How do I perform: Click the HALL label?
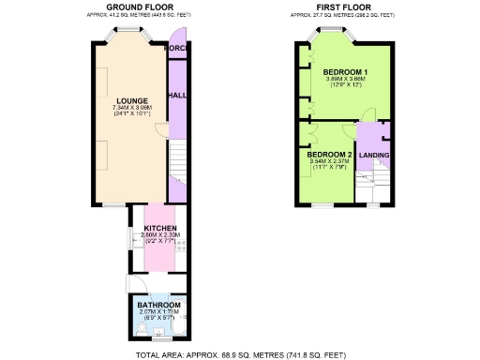[x=176, y=96]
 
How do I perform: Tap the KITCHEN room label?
[x=159, y=228]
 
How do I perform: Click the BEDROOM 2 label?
[x=329, y=154]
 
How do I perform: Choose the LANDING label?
[x=374, y=155]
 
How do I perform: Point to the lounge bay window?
[x=125, y=34]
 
